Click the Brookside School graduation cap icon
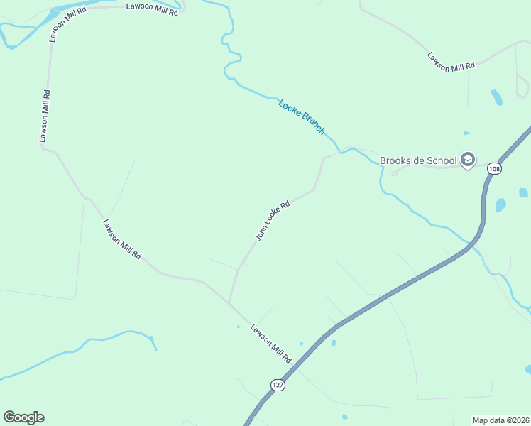point(468,160)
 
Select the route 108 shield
point(495,168)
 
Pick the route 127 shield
point(278,384)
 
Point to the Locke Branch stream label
point(302,116)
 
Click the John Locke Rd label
point(273,220)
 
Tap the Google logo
point(23,417)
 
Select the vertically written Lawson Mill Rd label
point(45,115)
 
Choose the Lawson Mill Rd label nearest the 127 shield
point(270,344)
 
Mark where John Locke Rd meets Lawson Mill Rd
point(229,302)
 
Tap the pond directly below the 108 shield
point(500,205)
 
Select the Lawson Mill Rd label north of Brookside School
point(451,61)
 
